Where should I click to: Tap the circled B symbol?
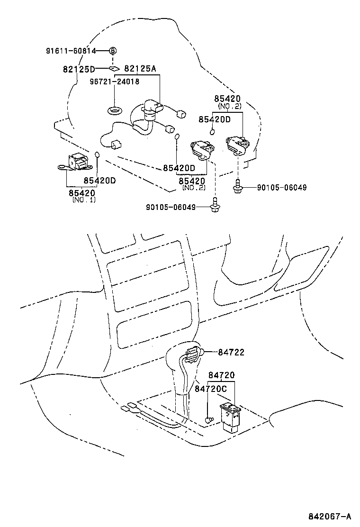click(x=113, y=51)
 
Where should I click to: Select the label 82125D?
click(x=79, y=69)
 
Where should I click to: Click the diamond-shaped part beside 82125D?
click(x=114, y=68)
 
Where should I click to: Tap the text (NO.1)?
click(x=84, y=200)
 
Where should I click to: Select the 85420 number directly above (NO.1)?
click(x=81, y=193)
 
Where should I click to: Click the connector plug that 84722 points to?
click(x=193, y=353)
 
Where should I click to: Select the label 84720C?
click(x=211, y=388)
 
